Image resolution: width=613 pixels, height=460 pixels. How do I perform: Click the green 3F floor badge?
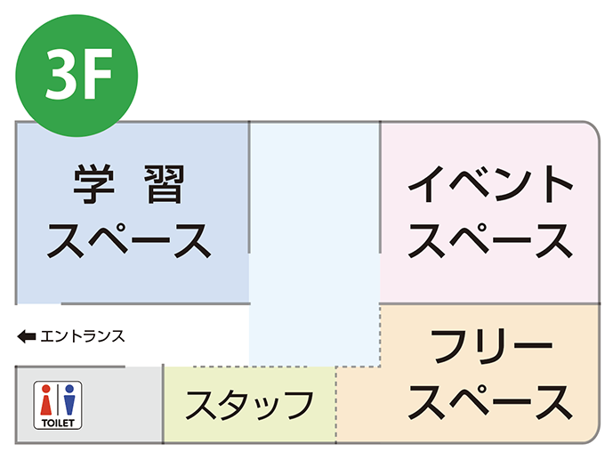(x=77, y=76)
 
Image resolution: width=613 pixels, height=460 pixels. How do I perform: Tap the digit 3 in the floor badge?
(x=60, y=74)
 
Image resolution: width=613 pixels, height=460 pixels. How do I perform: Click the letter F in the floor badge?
(x=96, y=74)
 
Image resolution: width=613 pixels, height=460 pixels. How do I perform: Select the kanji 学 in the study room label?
(x=93, y=184)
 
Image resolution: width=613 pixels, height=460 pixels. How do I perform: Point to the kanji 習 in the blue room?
(x=165, y=184)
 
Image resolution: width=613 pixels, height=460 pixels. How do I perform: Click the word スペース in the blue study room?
(x=129, y=240)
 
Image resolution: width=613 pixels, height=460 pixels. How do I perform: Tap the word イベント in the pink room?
(x=490, y=184)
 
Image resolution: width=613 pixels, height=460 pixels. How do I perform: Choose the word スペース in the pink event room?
(x=490, y=240)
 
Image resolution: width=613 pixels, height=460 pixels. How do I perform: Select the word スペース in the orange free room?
(x=490, y=402)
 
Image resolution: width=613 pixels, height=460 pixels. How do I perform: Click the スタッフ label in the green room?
(x=249, y=405)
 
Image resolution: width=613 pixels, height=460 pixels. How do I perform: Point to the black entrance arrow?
(x=27, y=336)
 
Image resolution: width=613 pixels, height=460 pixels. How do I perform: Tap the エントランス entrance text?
(x=83, y=336)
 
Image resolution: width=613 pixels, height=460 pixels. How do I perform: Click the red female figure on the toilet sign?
(x=46, y=400)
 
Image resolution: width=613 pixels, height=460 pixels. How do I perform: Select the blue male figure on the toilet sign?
(x=69, y=400)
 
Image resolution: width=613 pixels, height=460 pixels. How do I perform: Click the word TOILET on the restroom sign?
(x=58, y=423)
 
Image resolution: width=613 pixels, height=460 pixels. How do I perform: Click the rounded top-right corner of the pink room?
(x=593, y=129)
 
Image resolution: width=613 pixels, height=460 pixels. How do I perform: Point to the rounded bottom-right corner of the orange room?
(x=593, y=436)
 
